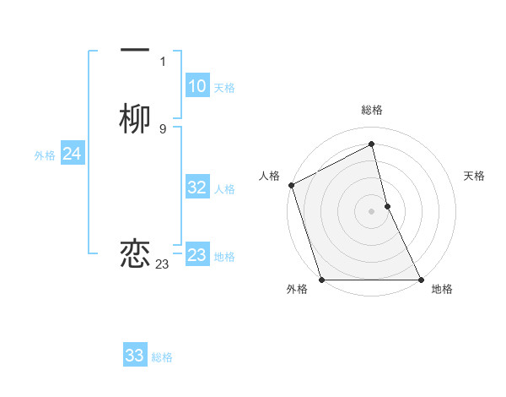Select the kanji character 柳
point(135,120)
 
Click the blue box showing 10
point(196,86)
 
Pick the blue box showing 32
point(196,188)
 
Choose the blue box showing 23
point(196,255)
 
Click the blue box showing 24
point(72,154)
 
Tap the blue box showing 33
point(135,356)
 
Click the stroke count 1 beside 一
point(163,62)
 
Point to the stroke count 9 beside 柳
point(163,128)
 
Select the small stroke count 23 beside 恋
point(163,264)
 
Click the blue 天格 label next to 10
point(223,88)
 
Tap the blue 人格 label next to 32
point(224,189)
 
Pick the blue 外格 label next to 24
point(45,155)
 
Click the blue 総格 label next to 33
point(162,357)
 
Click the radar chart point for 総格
point(371,144)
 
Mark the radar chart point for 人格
point(291,185)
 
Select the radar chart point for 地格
point(421,280)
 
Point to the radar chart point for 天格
point(387,206)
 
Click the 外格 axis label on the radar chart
point(297,289)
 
